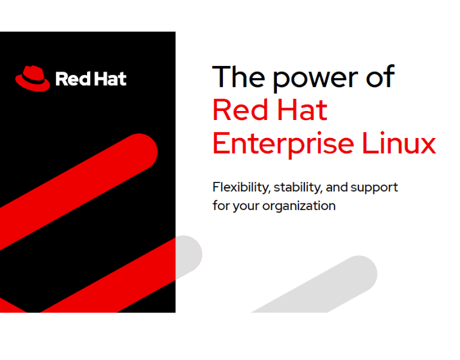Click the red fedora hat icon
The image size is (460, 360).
coord(32,78)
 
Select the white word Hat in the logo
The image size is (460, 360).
coord(109,79)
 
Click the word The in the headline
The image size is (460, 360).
coord(238,77)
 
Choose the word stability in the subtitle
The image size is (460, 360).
coord(298,188)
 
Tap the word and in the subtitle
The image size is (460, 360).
coord(337,187)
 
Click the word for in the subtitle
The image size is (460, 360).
coord(220,205)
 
